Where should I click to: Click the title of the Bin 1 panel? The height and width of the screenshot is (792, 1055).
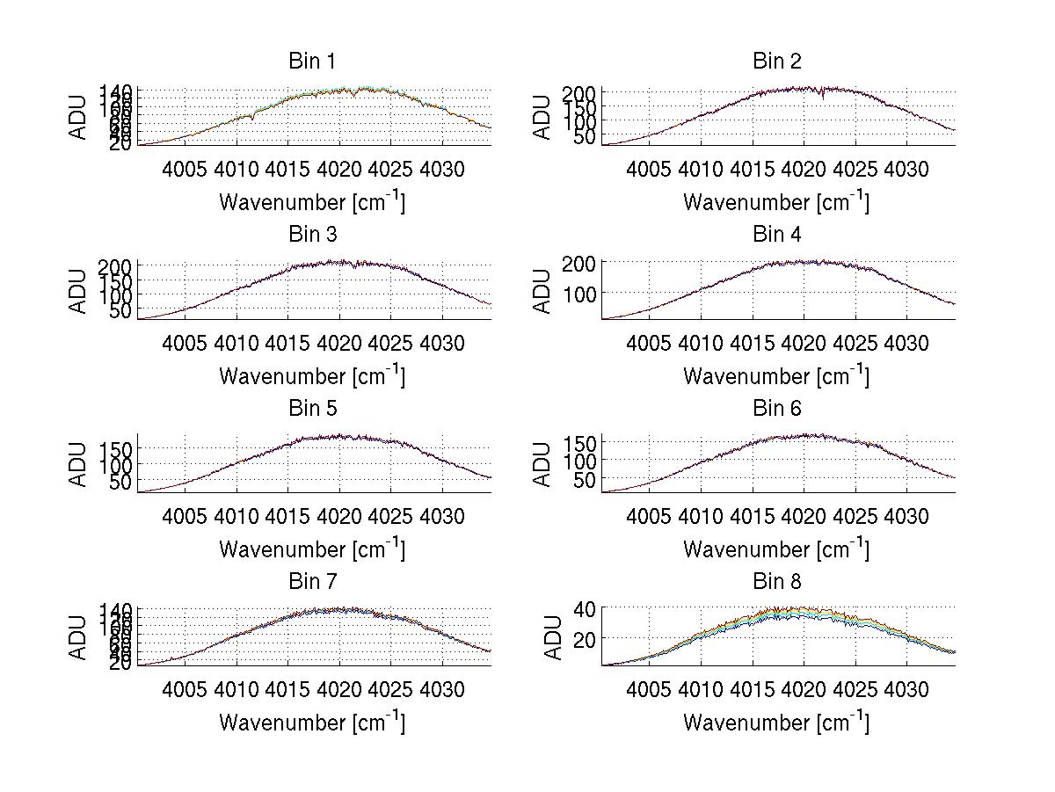click(x=312, y=61)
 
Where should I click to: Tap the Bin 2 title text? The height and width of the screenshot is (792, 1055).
click(x=777, y=61)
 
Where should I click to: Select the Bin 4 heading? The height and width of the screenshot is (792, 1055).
click(x=777, y=234)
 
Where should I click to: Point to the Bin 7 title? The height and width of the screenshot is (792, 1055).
click(x=312, y=581)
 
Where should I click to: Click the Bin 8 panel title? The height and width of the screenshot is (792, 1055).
click(x=777, y=581)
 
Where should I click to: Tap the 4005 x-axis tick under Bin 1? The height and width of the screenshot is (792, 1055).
click(x=186, y=169)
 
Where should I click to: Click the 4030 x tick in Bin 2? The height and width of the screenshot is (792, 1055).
click(x=906, y=169)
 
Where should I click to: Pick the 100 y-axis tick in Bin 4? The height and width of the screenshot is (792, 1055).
click(x=579, y=293)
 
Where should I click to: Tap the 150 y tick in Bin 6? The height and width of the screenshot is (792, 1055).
click(x=579, y=441)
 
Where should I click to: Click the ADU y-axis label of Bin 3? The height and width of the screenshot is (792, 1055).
click(x=79, y=291)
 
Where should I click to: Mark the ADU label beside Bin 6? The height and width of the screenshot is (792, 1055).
click(x=543, y=464)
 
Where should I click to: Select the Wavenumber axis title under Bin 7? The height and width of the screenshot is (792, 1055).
click(x=312, y=722)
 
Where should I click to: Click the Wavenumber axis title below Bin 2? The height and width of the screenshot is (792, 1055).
click(x=777, y=201)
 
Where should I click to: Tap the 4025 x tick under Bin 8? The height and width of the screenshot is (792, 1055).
click(x=855, y=689)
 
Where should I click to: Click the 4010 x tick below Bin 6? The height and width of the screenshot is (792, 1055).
click(x=702, y=516)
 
